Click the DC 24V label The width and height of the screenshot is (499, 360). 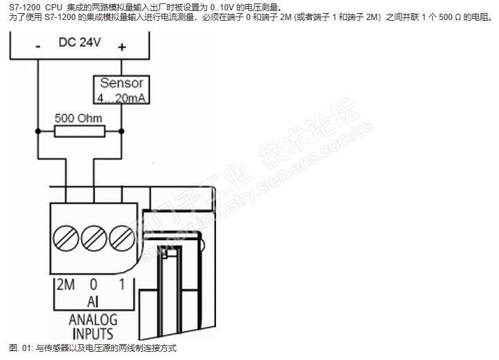click(x=79, y=42)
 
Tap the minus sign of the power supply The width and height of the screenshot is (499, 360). click(x=37, y=46)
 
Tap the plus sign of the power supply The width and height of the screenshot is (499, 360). click(x=122, y=46)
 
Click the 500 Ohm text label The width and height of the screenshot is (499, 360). click(x=79, y=118)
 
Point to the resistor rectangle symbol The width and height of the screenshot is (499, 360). click(x=79, y=131)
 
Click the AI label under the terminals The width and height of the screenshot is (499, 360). click(x=93, y=302)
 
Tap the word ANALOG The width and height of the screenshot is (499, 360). click(x=93, y=320)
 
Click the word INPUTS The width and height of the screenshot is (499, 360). click(x=93, y=334)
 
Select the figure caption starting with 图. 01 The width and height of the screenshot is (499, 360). click(x=93, y=349)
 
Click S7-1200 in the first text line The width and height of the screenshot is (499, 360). click(x=23, y=8)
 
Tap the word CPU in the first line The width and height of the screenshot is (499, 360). click(x=54, y=8)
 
